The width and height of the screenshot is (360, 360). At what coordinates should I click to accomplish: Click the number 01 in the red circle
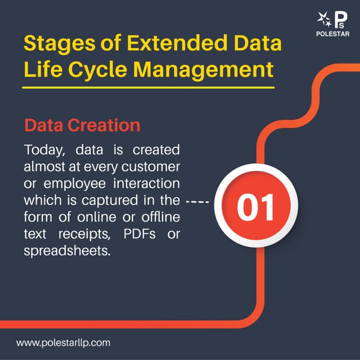[255, 206]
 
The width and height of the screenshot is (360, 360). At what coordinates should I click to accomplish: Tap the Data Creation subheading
[82, 125]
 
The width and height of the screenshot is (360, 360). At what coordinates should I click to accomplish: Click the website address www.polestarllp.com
[64, 342]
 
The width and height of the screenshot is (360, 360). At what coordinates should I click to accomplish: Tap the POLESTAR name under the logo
[334, 34]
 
